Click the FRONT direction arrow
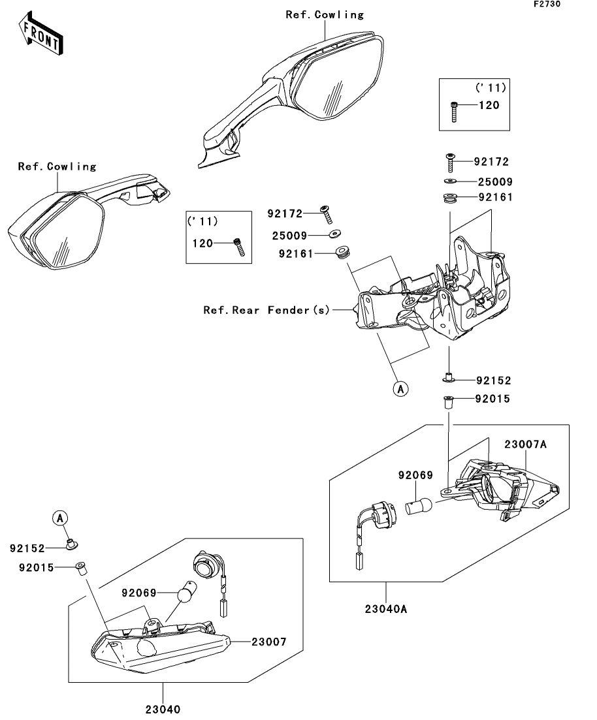[40, 35]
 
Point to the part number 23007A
[524, 444]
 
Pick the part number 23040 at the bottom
[163, 709]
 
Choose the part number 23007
[268, 642]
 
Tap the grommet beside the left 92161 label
[341, 253]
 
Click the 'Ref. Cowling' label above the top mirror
[325, 14]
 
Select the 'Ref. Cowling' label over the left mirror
[57, 166]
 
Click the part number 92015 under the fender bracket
[492, 398]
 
